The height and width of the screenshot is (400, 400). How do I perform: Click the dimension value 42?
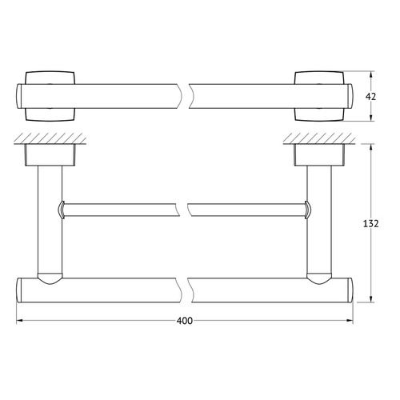click(x=370, y=97)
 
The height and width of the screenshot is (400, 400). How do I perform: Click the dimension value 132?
click(x=370, y=224)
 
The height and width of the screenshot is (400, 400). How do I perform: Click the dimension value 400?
click(x=184, y=321)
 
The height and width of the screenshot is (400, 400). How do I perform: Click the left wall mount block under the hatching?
click(x=50, y=155)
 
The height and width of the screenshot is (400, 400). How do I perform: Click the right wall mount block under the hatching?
click(x=319, y=155)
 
